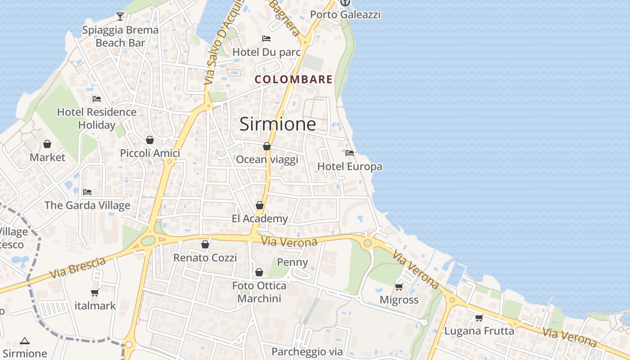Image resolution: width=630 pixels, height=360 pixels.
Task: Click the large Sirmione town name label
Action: (277, 124)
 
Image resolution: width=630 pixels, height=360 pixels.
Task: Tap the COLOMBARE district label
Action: (293, 80)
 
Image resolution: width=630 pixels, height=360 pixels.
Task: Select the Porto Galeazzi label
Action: (345, 14)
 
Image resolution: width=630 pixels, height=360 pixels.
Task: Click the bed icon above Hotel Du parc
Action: (266, 39)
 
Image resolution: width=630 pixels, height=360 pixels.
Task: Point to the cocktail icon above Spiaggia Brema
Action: (120, 17)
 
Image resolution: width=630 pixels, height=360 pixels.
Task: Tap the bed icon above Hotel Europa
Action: (350, 153)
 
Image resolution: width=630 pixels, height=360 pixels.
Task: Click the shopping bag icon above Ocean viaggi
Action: (267, 146)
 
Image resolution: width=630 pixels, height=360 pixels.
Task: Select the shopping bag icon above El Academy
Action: (260, 205)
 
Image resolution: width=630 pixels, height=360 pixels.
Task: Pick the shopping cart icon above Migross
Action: (399, 287)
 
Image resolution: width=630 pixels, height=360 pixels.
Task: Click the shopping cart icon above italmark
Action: (95, 293)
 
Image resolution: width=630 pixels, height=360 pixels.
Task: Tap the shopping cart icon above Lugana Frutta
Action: (479, 318)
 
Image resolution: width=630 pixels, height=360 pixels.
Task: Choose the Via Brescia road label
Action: (77, 267)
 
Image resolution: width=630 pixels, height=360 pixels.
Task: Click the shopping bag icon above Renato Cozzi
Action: (205, 244)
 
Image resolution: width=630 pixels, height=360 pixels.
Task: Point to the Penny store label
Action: (292, 262)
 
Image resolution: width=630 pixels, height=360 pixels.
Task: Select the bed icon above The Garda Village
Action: (87, 192)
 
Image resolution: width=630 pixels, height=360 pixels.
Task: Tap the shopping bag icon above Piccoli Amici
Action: (150, 140)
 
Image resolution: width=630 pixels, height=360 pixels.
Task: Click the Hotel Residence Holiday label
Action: (96, 118)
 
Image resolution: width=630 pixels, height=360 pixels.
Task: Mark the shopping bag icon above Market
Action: (47, 144)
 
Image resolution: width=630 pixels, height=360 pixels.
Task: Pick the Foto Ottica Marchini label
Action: (259, 292)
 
